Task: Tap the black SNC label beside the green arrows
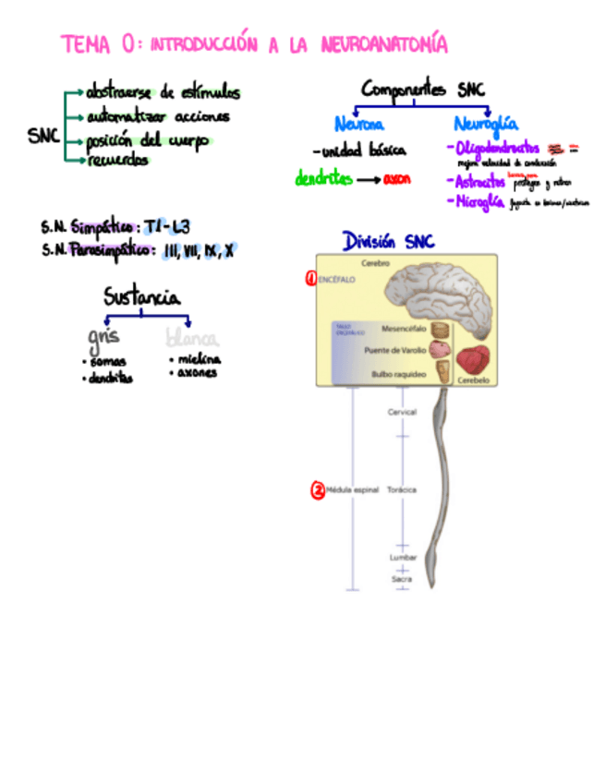[43, 137]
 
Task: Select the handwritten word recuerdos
[117, 161]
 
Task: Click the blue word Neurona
[359, 124]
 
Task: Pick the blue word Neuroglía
[486, 124]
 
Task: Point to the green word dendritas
[323, 179]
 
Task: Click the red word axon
[397, 179]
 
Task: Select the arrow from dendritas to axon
[369, 180]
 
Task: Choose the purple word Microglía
[477, 201]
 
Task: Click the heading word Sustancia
[142, 297]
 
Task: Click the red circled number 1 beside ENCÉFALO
[311, 277]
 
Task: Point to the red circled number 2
[318, 491]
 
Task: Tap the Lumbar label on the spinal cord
[403, 558]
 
